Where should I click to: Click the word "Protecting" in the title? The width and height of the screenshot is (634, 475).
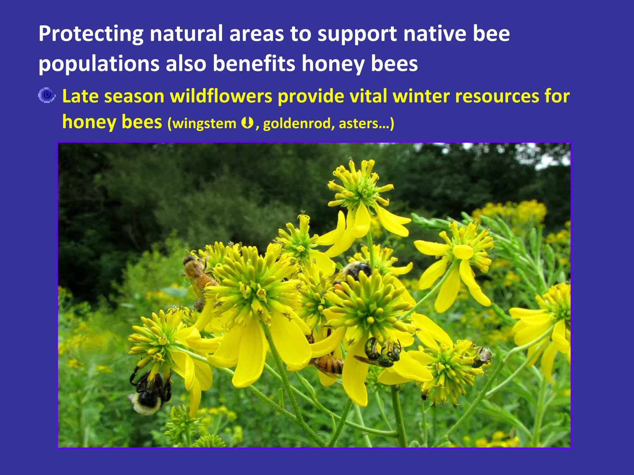pos(91,34)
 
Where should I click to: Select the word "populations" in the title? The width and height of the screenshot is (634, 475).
pos(99,64)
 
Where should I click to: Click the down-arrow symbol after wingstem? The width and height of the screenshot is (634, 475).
pos(247,123)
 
